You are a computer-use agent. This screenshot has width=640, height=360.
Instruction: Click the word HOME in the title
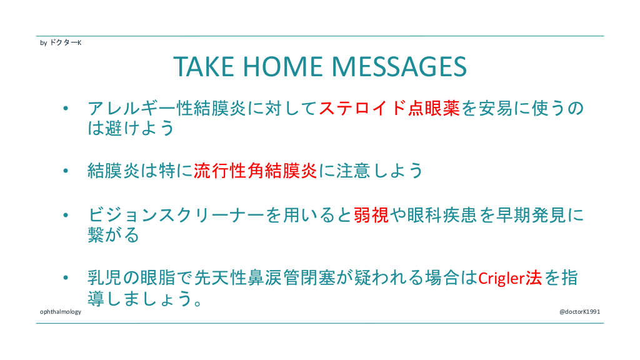(283, 66)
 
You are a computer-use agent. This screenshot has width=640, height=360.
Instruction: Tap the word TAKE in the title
(204, 66)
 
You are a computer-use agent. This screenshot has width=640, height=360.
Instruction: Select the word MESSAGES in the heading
(399, 66)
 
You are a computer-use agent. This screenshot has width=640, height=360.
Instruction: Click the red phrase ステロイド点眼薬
(389, 108)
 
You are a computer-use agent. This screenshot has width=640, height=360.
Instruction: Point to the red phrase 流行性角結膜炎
(256, 171)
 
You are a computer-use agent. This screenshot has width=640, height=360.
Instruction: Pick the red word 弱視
(371, 215)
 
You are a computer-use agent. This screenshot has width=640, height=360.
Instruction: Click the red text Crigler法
(510, 278)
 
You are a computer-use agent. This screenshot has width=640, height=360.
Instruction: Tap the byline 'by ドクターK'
(61, 42)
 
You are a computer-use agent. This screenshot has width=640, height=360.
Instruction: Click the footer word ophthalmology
(61, 312)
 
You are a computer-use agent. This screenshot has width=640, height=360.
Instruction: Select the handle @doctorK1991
(579, 312)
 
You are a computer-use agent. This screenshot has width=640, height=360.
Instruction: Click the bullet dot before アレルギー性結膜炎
(66, 108)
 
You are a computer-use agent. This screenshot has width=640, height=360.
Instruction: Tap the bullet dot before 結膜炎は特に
(66, 171)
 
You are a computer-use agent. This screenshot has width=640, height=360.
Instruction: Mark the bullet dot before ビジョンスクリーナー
(66, 215)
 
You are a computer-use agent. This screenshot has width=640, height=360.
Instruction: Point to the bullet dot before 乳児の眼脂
(66, 278)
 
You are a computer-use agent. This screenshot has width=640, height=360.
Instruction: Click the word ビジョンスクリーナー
(176, 215)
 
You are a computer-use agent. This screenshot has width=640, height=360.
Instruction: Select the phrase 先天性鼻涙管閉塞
(264, 278)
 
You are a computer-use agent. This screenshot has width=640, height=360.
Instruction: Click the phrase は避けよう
(131, 128)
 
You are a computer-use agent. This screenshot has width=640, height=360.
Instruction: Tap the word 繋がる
(114, 235)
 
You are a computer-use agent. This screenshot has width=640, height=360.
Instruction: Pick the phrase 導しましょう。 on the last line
(145, 298)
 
